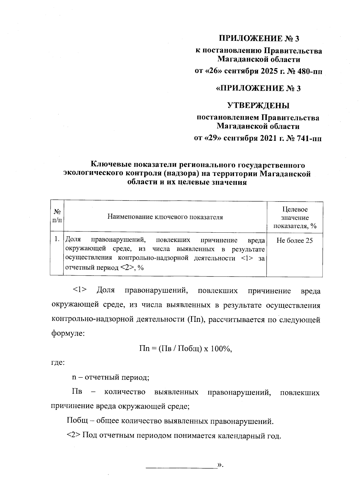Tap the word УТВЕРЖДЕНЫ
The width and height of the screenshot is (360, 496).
coord(258,105)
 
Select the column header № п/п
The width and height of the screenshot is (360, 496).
coord(57,216)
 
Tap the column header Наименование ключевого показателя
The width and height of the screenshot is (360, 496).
coord(165,217)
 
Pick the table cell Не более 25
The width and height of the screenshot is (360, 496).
coord(295,240)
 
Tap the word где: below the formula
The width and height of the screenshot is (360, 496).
coord(57,363)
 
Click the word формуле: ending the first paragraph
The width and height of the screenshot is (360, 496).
coord(68,334)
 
